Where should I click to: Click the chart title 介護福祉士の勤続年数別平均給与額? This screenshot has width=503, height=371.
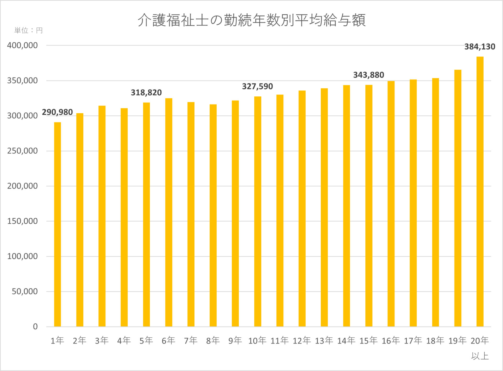251,20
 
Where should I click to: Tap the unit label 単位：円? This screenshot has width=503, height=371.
28,31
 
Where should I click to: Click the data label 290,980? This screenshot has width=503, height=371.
57,112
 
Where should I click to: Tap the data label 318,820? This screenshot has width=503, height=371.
146,92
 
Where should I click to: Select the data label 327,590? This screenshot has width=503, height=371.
257,86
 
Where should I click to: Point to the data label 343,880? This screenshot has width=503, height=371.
369,75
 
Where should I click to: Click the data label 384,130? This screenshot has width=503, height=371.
480,47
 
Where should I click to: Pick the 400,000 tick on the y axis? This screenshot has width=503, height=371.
22,45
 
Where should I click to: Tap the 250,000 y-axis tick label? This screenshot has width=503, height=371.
22,151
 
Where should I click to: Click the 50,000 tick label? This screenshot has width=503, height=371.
25,291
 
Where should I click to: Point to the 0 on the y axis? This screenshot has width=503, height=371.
35,326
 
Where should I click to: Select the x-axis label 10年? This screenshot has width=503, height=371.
257,341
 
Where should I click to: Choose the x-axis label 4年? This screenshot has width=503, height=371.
124,341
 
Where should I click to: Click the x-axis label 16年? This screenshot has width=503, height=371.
391,341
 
